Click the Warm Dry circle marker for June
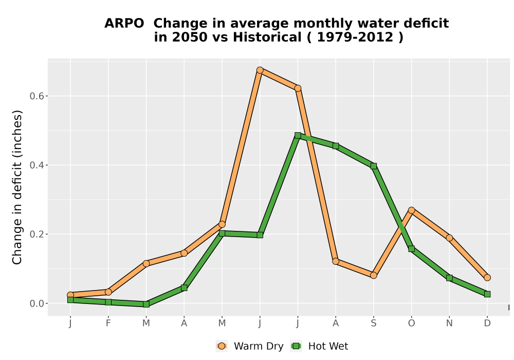click(x=260, y=70)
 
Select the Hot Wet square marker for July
click(x=298, y=135)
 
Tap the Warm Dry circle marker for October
click(x=411, y=210)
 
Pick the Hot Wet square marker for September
click(x=374, y=166)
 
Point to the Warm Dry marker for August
click(x=336, y=261)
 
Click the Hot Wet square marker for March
click(x=146, y=304)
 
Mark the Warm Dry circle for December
click(x=487, y=278)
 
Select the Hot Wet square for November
click(x=449, y=278)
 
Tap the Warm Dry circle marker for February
click(x=108, y=292)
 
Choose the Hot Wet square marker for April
click(x=184, y=288)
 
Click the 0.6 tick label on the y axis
click(x=37, y=96)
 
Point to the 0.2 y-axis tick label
click(x=37, y=235)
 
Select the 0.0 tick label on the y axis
click(x=37, y=303)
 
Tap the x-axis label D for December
click(x=487, y=323)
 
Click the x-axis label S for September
click(x=374, y=323)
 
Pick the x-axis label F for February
click(x=108, y=323)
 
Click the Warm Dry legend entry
click(x=250, y=346)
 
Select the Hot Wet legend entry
click(x=319, y=346)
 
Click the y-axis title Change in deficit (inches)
click(x=17, y=187)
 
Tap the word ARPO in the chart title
click(x=124, y=24)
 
